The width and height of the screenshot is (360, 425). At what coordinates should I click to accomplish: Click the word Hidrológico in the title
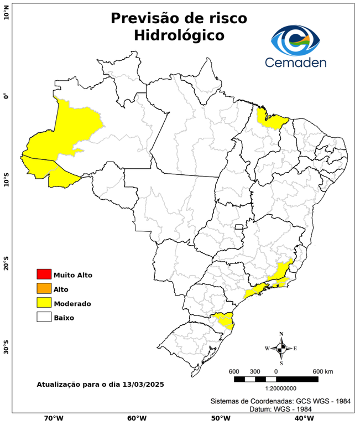pyautogui.click(x=179, y=35)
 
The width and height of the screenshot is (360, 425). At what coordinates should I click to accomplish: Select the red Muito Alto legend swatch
pyautogui.click(x=44, y=274)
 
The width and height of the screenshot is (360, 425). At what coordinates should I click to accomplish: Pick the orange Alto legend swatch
pyautogui.click(x=44, y=289)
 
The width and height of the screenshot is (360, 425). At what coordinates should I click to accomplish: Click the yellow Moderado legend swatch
pyautogui.click(x=44, y=303)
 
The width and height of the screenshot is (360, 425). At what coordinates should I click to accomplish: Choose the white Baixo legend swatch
pyautogui.click(x=44, y=318)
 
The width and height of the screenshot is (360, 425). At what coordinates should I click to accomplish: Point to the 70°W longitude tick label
pyautogui.click(x=54, y=418)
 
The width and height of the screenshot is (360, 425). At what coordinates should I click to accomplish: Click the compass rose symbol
pyautogui.click(x=281, y=348)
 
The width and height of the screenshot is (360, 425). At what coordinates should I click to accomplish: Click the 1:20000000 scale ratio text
pyautogui.click(x=275, y=388)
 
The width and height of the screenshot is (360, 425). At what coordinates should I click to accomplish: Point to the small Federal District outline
pyautogui.click(x=239, y=227)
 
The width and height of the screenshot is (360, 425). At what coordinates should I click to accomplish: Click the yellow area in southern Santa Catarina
pyautogui.click(x=225, y=320)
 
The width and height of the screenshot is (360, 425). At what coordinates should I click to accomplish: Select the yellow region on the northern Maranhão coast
pyautogui.click(x=273, y=119)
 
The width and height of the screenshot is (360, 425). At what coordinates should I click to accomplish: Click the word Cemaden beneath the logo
pyautogui.click(x=295, y=63)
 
